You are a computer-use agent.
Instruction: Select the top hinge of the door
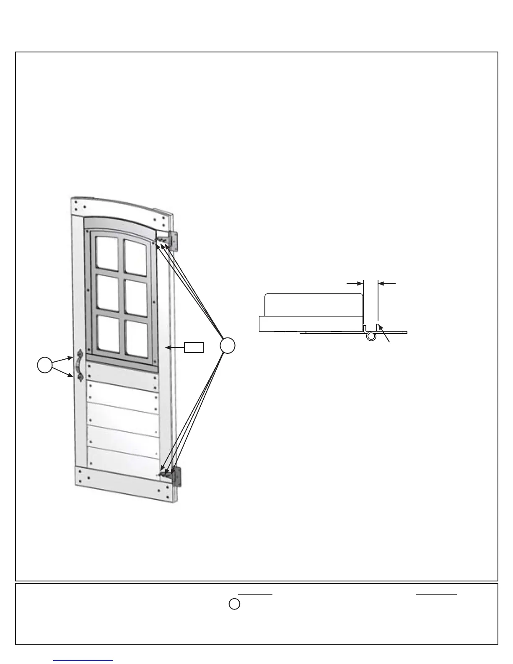point(173,241)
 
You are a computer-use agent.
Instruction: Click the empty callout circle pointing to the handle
point(45,365)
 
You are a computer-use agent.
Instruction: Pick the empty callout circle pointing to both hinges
point(227,346)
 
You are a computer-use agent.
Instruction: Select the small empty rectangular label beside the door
point(194,347)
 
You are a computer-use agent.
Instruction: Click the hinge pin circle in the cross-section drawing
point(370,336)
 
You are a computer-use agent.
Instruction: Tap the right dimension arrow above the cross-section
point(386,283)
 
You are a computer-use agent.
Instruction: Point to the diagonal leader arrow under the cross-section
point(385,334)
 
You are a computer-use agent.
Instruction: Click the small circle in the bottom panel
point(235,604)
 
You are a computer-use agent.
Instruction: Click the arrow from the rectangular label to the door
point(175,347)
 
